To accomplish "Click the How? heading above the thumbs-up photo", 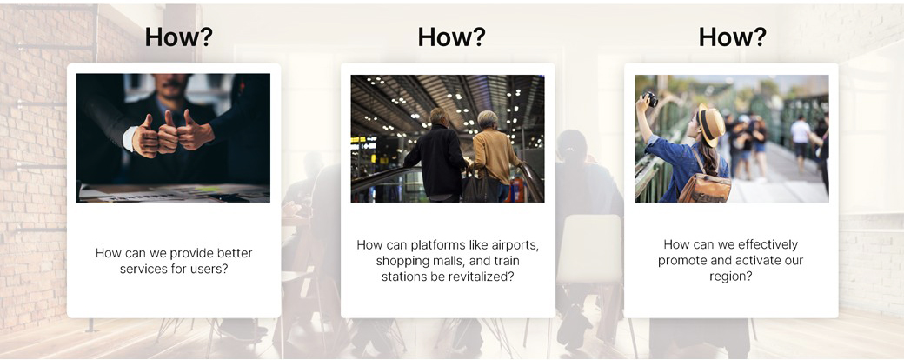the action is point(179,37).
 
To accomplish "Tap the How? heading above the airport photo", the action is point(452,37).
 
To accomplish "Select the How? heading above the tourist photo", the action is point(733,37).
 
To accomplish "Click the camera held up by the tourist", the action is point(650,98).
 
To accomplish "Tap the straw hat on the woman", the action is point(711,124).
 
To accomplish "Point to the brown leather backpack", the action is point(705,184).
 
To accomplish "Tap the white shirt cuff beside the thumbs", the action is point(130,138).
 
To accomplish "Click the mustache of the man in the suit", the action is point(172,84).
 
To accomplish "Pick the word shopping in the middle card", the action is point(401,262).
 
